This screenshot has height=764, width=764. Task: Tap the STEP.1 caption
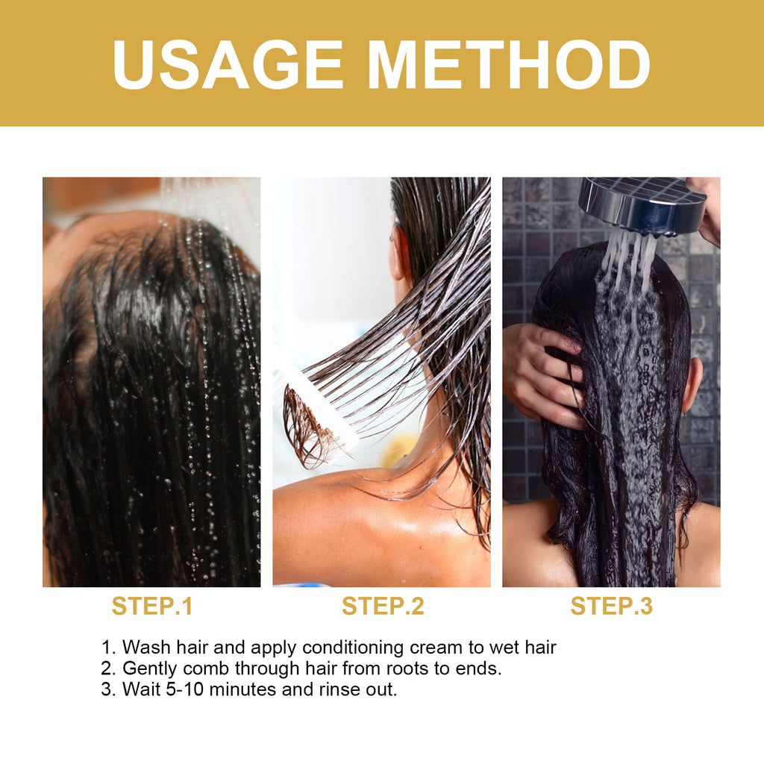152,606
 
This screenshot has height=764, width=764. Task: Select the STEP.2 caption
383,606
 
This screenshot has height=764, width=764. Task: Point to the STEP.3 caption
611,606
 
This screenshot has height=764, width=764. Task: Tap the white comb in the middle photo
313,395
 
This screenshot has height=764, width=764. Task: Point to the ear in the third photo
693,384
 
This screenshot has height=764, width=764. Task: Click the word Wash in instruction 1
146,647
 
